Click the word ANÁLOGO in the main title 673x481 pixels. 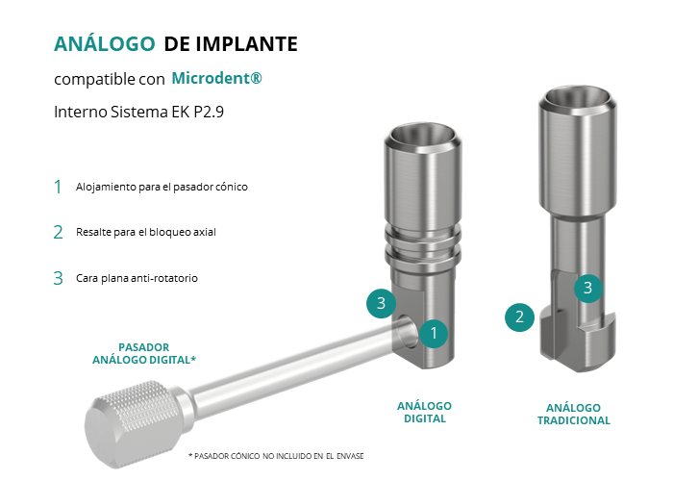[x=104, y=43]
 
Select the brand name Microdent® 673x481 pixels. [x=216, y=78]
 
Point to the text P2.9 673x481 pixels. [x=209, y=112]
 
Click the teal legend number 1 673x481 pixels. [x=58, y=187]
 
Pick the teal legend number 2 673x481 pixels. [x=58, y=233]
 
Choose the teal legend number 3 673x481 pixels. [x=58, y=278]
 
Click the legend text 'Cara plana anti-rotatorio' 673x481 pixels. [x=137, y=278]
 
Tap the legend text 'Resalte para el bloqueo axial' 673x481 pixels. [x=146, y=233]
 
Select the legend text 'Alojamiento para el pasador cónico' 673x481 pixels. [x=162, y=187]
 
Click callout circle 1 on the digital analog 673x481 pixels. [x=434, y=333]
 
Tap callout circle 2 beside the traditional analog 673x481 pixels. [x=519, y=317]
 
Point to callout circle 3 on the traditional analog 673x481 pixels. [x=588, y=289]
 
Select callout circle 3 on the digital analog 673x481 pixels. [x=381, y=304]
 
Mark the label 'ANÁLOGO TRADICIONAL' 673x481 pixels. [x=573, y=414]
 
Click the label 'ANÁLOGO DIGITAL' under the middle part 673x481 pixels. [x=425, y=413]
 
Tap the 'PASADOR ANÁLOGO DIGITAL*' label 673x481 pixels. [x=144, y=353]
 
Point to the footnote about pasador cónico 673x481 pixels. [x=276, y=456]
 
